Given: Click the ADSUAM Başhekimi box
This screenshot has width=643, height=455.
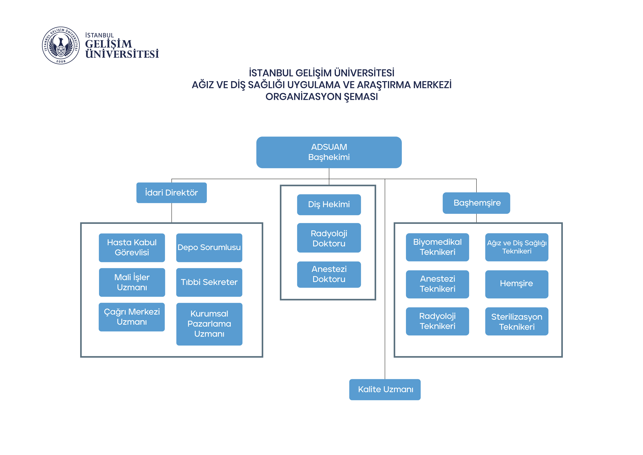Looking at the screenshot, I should [x=329, y=152].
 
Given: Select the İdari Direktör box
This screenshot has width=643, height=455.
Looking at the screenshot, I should [x=171, y=193].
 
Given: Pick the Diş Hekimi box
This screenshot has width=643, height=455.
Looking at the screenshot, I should [x=329, y=204].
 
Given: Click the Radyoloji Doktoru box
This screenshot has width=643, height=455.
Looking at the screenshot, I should [x=329, y=238].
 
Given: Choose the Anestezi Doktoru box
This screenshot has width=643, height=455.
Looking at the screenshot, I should [x=329, y=274].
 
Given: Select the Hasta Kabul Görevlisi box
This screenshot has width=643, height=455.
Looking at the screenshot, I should [x=132, y=247].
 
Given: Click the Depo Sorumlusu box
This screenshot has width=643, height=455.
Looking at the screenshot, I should [x=209, y=247].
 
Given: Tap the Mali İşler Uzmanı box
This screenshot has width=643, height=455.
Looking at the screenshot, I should [x=132, y=282].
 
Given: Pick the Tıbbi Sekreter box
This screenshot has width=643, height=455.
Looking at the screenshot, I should [x=209, y=282].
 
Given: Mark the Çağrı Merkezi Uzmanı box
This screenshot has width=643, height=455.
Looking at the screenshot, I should [x=132, y=317].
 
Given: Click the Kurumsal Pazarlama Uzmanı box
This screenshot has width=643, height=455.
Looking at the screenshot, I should [x=209, y=324].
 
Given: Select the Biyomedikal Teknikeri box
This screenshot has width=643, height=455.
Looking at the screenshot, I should [x=437, y=247].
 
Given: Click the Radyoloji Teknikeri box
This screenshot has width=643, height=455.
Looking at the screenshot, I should [x=437, y=321].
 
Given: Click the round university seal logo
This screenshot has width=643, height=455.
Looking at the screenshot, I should [x=61, y=45].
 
